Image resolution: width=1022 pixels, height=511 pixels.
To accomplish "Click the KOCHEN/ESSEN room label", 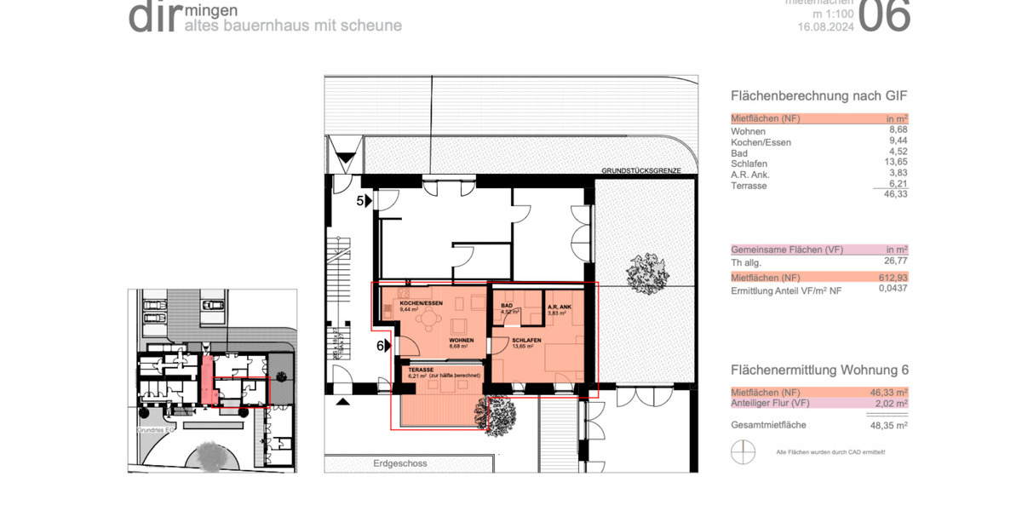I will [421, 303].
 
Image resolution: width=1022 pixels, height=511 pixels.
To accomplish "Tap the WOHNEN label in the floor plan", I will [462, 340].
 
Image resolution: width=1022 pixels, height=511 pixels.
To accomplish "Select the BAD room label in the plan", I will [507, 305].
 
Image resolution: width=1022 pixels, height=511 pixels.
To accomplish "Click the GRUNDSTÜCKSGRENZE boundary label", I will [640, 170].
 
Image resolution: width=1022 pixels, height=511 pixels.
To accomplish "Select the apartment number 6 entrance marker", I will [382, 346].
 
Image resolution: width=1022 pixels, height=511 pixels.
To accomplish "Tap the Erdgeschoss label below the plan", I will [399, 463].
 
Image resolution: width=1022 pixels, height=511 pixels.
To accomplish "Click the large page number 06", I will [883, 15].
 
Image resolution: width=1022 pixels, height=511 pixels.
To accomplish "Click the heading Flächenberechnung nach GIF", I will [812, 96].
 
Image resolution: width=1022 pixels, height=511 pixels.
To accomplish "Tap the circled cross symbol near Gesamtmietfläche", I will [743, 451].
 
